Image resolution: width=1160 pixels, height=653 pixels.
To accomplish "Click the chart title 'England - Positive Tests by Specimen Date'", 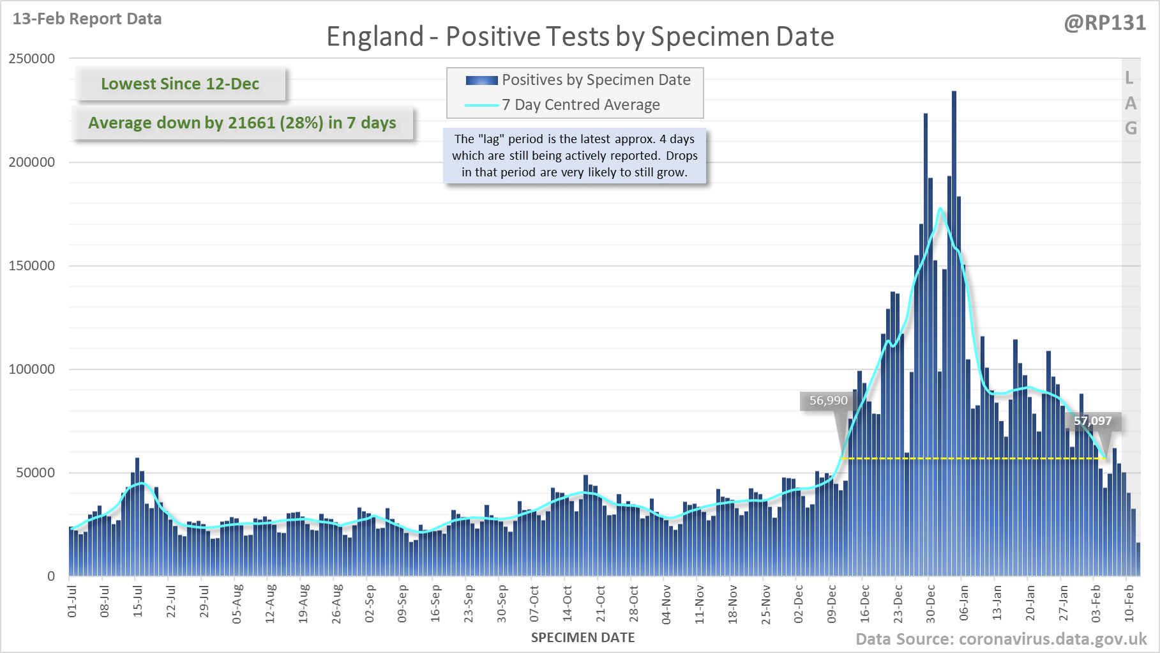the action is click(x=580, y=36).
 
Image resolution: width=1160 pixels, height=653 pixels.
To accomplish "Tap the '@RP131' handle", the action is click(x=1105, y=22).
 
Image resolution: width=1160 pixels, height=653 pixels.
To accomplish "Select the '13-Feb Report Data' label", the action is click(x=87, y=19).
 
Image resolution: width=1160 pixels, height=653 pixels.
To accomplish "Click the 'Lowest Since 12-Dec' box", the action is click(x=180, y=84).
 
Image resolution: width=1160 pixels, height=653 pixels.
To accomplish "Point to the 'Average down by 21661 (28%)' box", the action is click(x=243, y=123).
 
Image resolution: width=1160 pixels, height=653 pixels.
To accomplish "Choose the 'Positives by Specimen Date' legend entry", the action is click(x=578, y=80).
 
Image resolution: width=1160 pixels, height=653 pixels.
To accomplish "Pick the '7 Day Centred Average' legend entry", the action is click(x=562, y=105).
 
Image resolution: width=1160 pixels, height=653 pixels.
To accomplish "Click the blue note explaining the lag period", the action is click(x=575, y=155).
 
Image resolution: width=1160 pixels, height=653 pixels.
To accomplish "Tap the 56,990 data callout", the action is click(x=828, y=401).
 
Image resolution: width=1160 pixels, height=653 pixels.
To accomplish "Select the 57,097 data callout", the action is click(x=1092, y=421).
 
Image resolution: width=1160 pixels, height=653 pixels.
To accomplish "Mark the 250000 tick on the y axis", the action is click(x=32, y=59).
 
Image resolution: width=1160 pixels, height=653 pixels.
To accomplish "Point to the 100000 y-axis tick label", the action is click(x=32, y=369).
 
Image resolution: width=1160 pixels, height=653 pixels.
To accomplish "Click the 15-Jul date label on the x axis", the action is click(x=138, y=601).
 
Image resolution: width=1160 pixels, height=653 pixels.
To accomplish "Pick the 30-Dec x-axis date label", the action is click(x=931, y=603).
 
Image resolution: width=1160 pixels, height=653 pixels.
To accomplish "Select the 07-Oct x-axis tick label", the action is click(x=534, y=603).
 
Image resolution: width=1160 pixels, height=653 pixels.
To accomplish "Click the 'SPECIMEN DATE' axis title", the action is click(x=583, y=638).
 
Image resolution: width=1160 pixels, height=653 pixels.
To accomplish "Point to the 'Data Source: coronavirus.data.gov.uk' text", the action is click(x=1001, y=639).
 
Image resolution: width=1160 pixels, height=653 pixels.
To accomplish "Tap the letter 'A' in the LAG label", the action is click(x=1131, y=103).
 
